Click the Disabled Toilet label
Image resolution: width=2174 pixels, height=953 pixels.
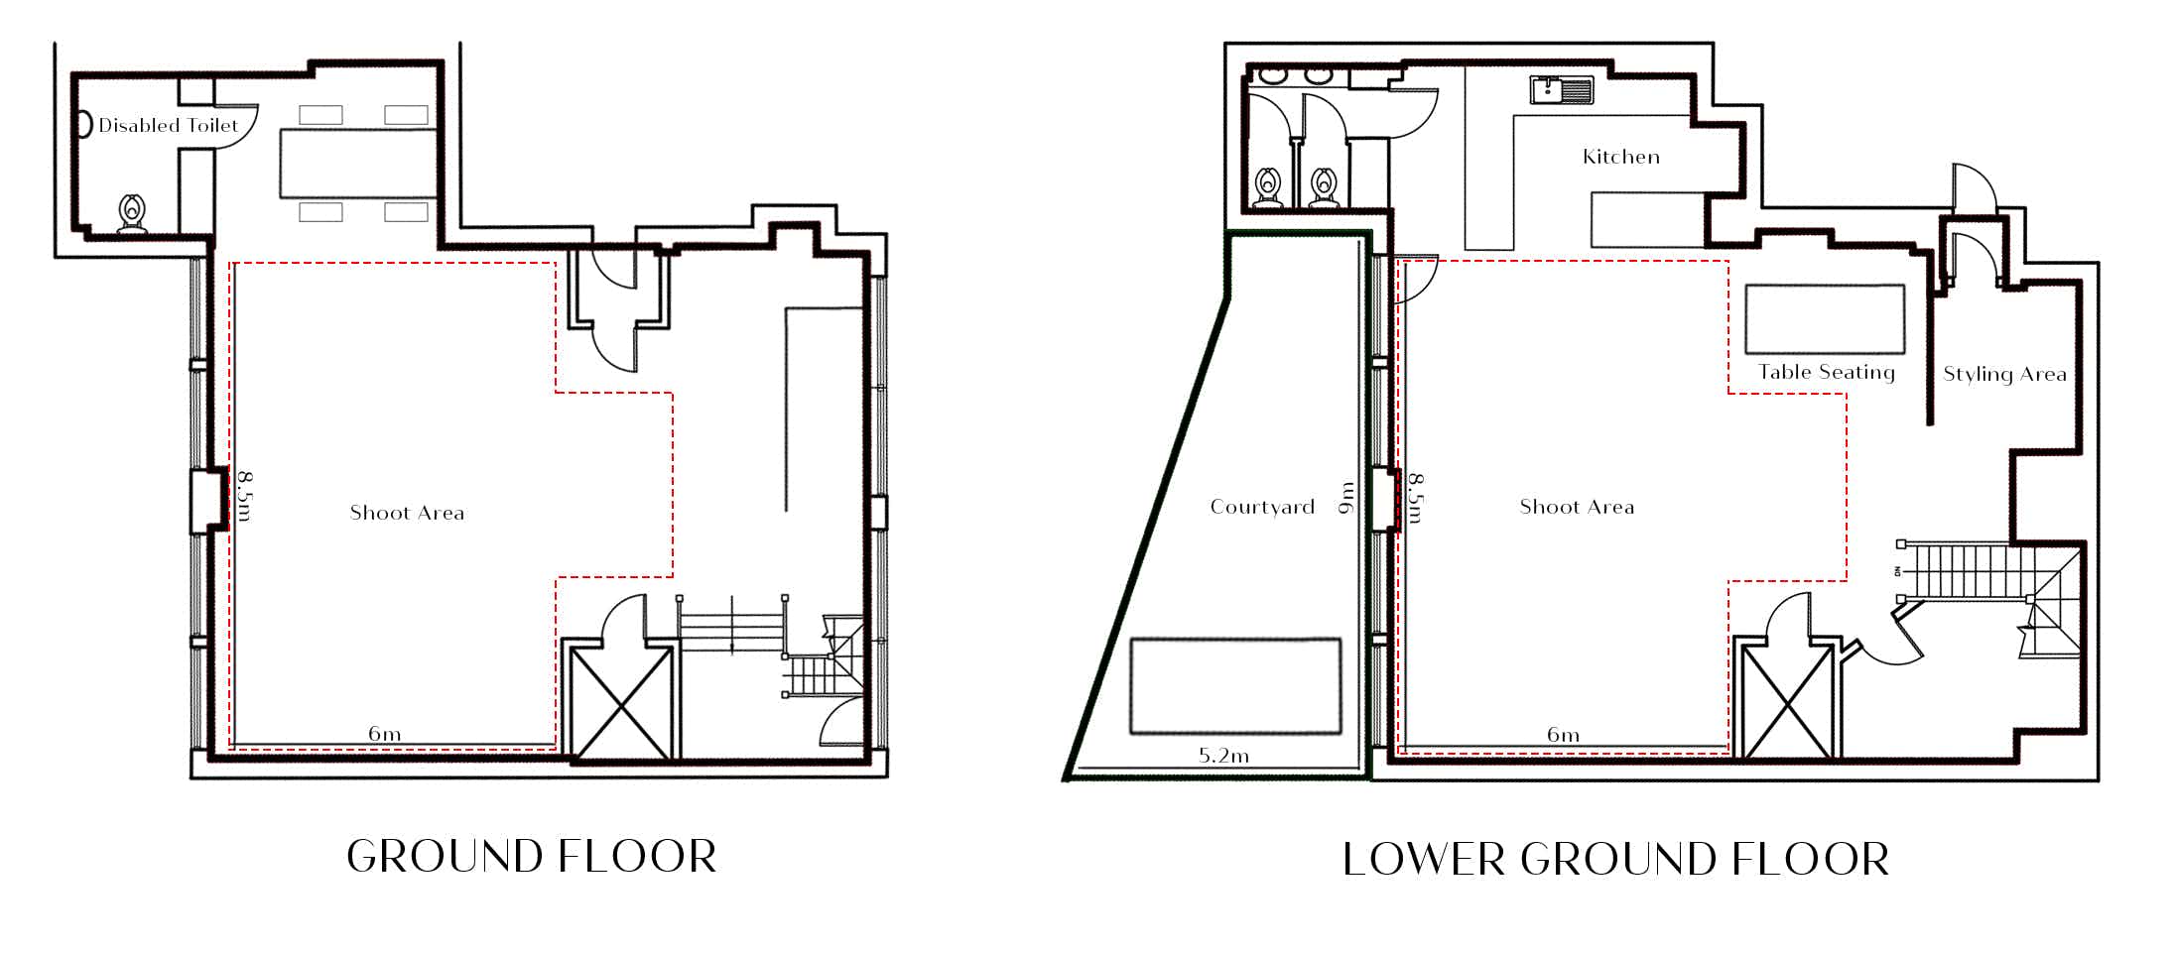pyautogui.click(x=168, y=126)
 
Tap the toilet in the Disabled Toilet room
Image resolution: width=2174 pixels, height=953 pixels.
pyautogui.click(x=132, y=214)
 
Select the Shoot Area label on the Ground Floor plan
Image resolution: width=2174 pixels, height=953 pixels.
pyautogui.click(x=407, y=513)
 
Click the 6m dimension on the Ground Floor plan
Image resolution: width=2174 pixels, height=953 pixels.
pyautogui.click(x=385, y=734)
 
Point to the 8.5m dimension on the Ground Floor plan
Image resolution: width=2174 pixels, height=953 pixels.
pyautogui.click(x=245, y=495)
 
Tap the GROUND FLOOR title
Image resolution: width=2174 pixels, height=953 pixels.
pyautogui.click(x=532, y=857)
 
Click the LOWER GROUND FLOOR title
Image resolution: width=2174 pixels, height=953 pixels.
pyautogui.click(x=1615, y=859)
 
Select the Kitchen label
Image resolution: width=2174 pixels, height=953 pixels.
pyautogui.click(x=1621, y=157)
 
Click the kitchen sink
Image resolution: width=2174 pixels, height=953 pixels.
pyautogui.click(x=1562, y=90)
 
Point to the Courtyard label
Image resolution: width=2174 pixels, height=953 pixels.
pyautogui.click(x=1262, y=507)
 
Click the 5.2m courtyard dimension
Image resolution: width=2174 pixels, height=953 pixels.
pyautogui.click(x=1223, y=756)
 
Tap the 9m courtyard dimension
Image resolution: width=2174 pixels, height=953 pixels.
pyautogui.click(x=1346, y=498)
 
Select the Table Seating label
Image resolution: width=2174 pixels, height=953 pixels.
pyautogui.click(x=1827, y=372)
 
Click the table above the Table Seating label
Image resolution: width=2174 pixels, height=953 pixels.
pyautogui.click(x=1825, y=319)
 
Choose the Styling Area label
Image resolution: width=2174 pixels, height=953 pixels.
pyautogui.click(x=2004, y=374)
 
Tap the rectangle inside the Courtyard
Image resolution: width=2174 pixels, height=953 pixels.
pyautogui.click(x=1236, y=686)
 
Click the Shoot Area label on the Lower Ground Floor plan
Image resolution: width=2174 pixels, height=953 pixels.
pyautogui.click(x=1577, y=507)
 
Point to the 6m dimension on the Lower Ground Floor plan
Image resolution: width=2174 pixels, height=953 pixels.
pyautogui.click(x=1563, y=735)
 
